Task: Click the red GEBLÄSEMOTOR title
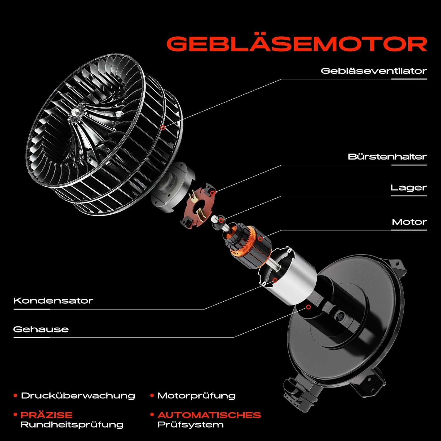297,44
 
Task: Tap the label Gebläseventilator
374,71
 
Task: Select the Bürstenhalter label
387,156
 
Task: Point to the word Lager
408,188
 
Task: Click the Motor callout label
409,222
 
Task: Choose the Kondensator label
53,300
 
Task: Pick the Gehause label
41,329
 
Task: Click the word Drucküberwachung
78,396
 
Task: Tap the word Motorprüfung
196,396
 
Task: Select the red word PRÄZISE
46,415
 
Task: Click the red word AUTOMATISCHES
209,415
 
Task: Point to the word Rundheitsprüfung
72,425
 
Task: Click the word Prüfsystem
191,425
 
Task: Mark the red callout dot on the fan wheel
163,128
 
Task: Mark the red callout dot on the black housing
308,307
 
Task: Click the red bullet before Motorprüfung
152,395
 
